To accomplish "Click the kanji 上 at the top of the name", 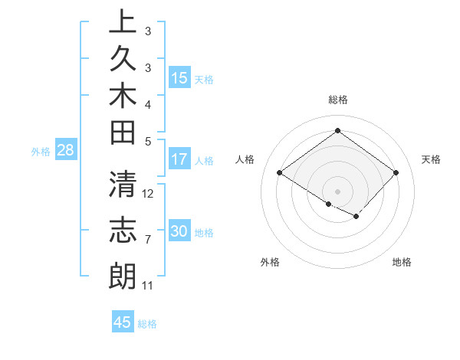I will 123,21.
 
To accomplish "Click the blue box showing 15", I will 179,77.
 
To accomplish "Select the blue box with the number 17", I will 179,159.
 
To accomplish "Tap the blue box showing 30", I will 179,231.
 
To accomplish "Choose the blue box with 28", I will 65,150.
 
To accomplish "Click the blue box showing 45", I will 123,322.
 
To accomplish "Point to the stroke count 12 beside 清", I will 149,193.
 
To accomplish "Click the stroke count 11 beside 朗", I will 148,286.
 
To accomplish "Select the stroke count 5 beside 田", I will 148,141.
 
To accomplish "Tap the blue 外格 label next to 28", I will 41,151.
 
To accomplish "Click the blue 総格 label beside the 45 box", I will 147,323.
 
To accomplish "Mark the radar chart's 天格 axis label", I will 431,159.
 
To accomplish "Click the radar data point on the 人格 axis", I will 280,172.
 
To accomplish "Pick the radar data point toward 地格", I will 356,217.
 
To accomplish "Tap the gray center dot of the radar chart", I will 337,191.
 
